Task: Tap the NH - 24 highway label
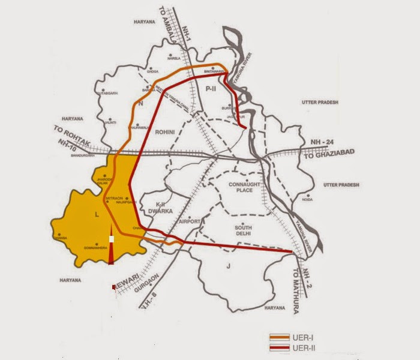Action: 325,142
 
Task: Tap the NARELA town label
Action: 173,76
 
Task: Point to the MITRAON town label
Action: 114,197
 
